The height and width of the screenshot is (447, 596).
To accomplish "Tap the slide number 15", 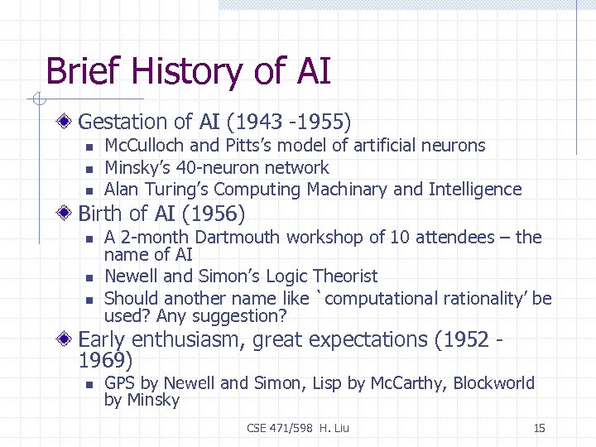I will (x=539, y=428).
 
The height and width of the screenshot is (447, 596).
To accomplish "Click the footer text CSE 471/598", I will (x=278, y=428).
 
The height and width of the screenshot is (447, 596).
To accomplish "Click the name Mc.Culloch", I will (x=138, y=146).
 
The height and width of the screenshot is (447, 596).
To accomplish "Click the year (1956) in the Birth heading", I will (x=213, y=214).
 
